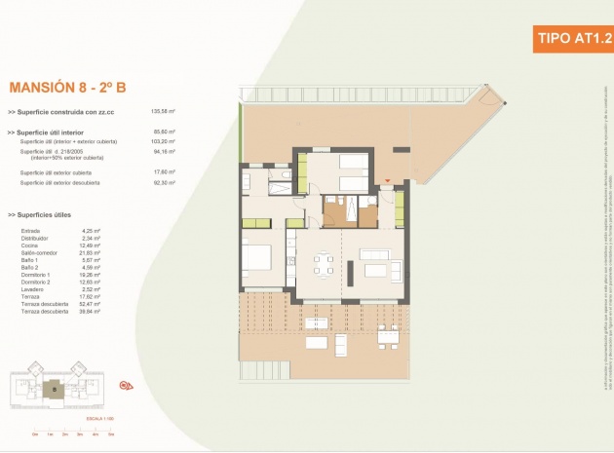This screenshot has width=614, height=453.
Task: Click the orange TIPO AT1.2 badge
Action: [574, 39]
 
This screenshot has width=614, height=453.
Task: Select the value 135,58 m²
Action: [164, 112]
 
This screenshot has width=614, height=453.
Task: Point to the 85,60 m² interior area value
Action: [164, 132]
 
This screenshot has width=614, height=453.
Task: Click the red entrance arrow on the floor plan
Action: [387, 182]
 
